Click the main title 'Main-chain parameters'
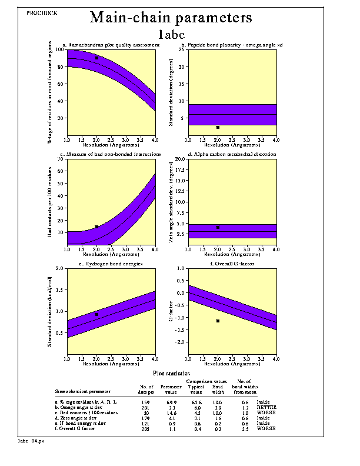[171, 18]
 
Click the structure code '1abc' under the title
[172, 34]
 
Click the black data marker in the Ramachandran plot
[96, 58]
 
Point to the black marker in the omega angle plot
[218, 127]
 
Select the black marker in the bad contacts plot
[96, 227]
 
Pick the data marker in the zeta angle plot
[218, 227]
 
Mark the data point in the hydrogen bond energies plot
[96, 315]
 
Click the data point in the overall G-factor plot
[218, 321]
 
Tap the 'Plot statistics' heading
[171, 374]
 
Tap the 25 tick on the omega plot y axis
[182, 49]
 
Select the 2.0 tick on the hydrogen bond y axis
[61, 269]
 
